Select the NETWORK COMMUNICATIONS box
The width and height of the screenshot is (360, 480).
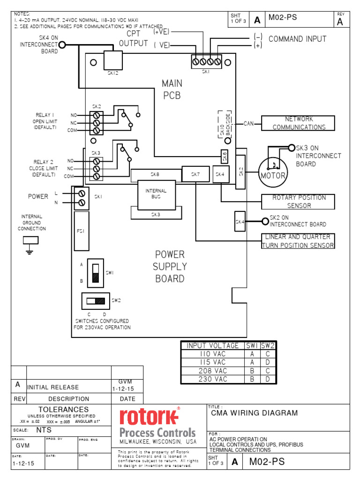299,123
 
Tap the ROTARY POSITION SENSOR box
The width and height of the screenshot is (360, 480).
299,202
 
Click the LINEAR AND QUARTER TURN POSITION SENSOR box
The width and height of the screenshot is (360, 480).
298,241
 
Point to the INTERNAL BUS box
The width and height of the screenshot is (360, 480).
156,194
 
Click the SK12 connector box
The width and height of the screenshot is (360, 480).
113,60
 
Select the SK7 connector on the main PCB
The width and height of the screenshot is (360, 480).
195,174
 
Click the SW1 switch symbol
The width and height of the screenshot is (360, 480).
96,273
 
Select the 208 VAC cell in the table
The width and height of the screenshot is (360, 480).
212,371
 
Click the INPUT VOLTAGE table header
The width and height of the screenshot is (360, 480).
212,345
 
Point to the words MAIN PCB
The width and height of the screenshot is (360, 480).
171,90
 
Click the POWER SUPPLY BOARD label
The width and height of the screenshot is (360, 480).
170,267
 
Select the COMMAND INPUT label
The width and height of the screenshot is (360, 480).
297,39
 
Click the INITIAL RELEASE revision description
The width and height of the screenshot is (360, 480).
53,387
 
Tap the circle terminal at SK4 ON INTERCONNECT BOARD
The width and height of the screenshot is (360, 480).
61,45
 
